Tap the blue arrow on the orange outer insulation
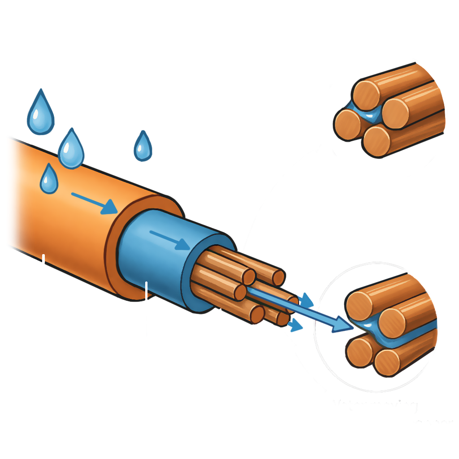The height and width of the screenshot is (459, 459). [x=95, y=202]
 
